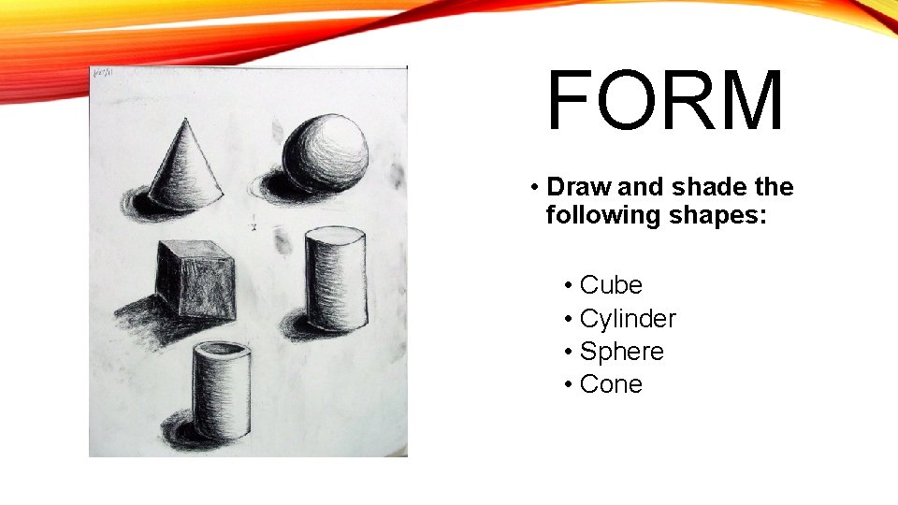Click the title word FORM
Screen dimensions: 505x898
(x=665, y=102)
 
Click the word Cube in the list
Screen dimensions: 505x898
(x=611, y=285)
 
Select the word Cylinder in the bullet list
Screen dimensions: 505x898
(x=628, y=319)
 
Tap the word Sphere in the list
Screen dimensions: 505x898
(x=622, y=352)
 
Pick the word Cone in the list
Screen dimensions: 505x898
(x=611, y=384)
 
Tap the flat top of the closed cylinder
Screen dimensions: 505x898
(x=331, y=235)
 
